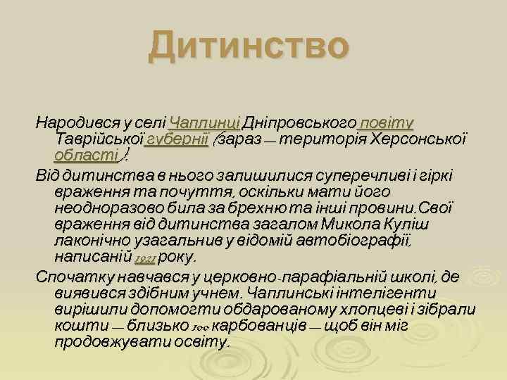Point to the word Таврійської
tap(99, 138)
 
